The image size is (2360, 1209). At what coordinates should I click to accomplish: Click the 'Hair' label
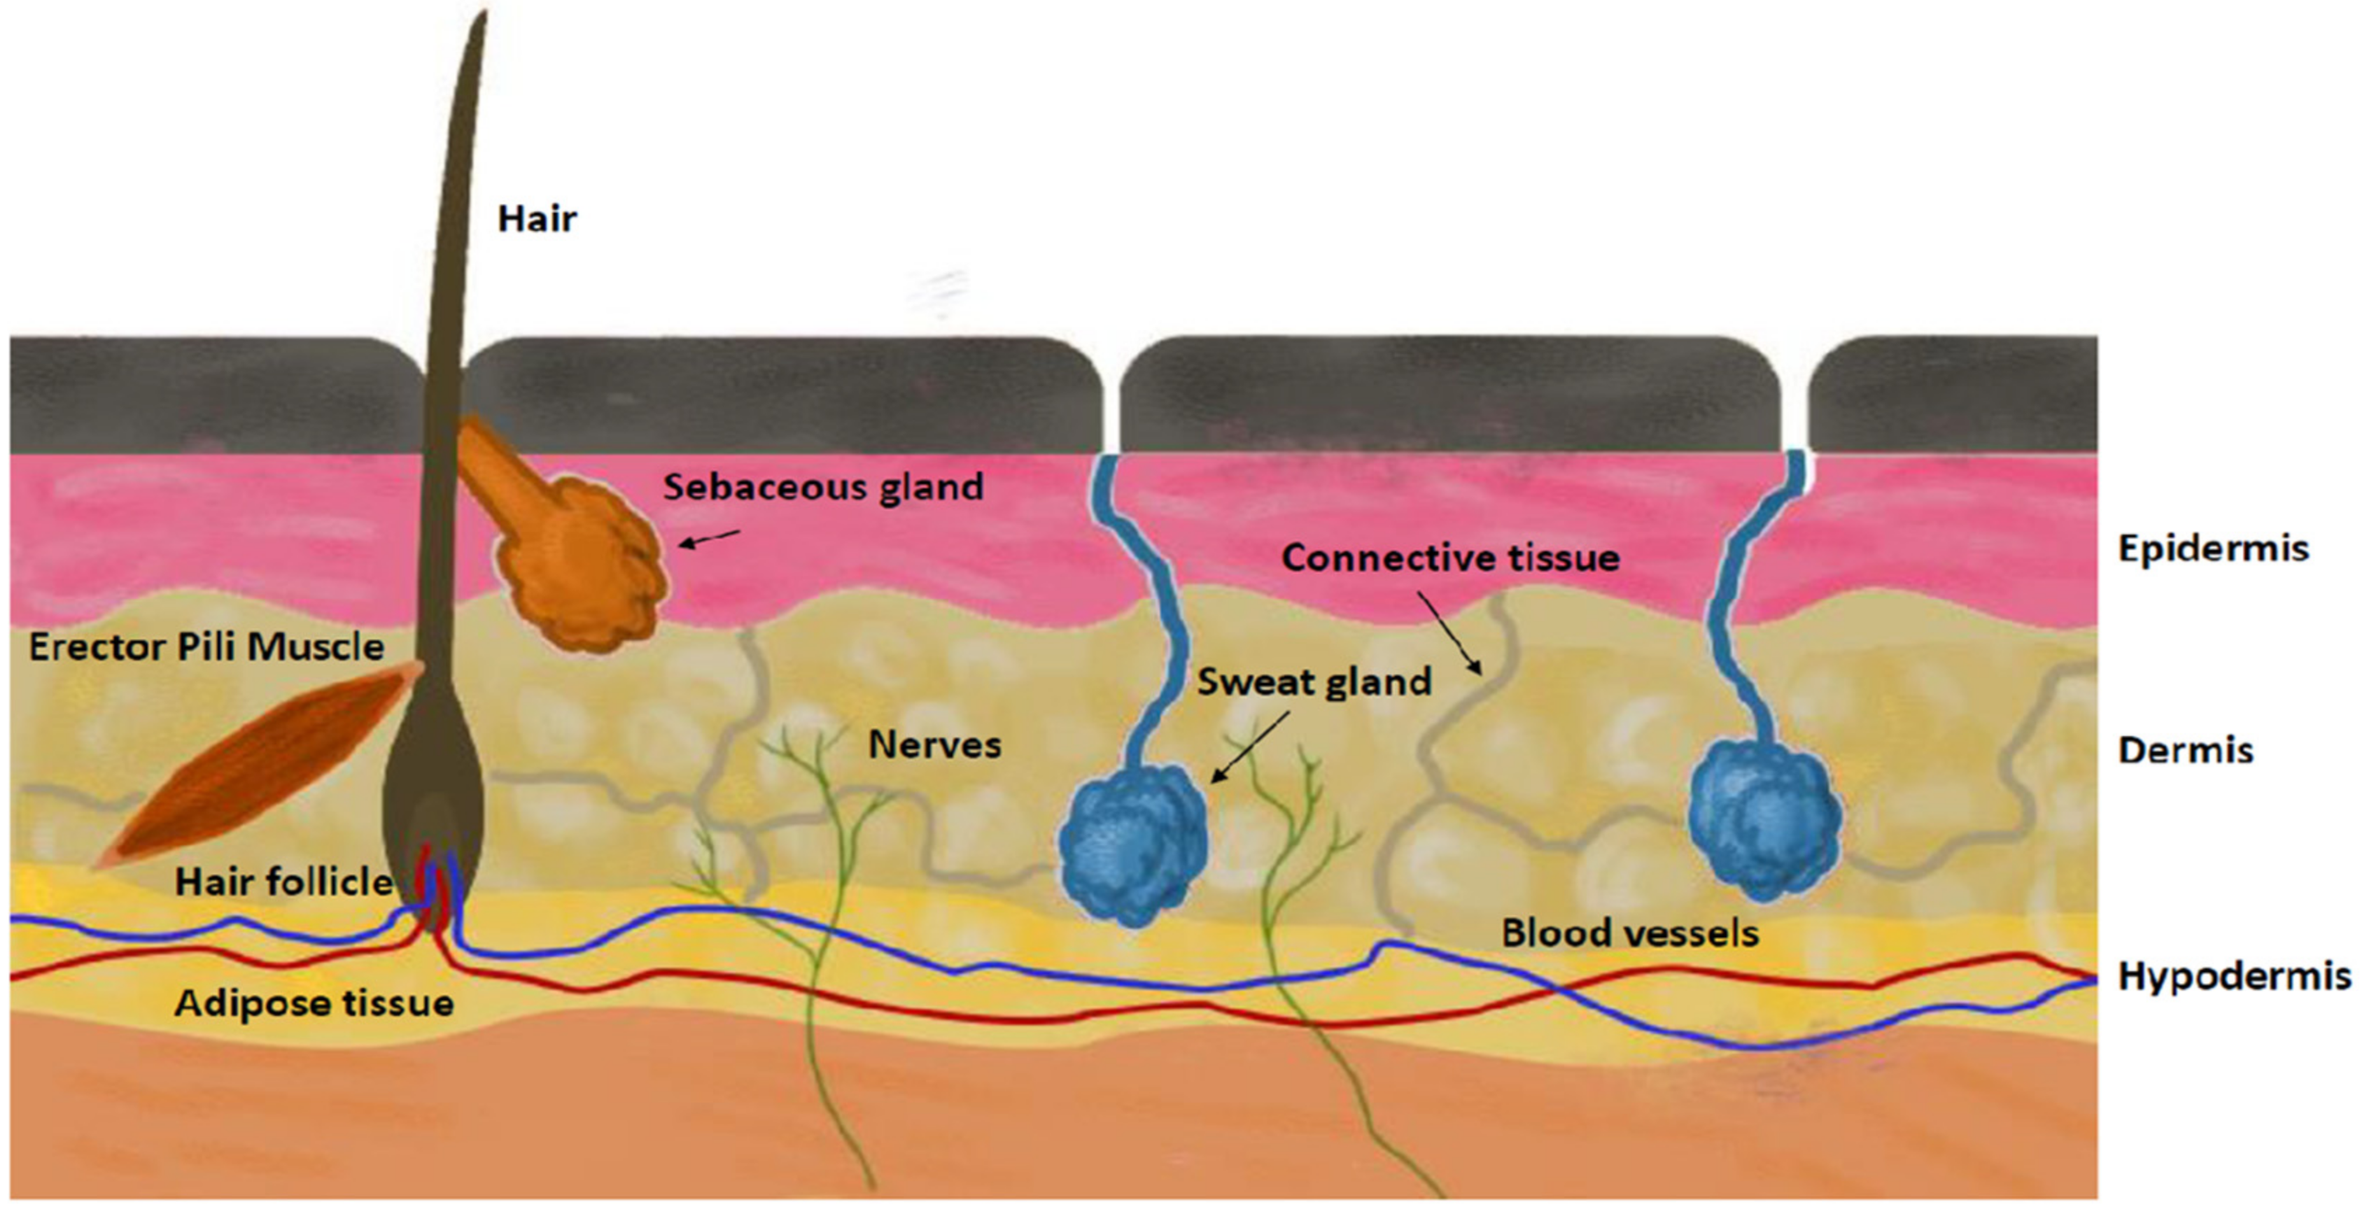[x=537, y=219]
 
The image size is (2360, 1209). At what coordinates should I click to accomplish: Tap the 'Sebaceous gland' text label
[x=822, y=486]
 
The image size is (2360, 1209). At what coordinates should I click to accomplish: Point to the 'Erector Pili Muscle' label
[x=206, y=646]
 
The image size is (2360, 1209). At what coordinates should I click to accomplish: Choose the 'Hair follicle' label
[x=284, y=882]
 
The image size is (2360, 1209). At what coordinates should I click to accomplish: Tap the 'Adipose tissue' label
[x=314, y=1003]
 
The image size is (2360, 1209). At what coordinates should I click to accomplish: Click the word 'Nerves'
[x=934, y=744]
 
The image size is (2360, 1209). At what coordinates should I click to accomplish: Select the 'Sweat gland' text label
[x=1314, y=681]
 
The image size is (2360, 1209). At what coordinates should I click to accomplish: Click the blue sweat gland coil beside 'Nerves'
[x=1133, y=842]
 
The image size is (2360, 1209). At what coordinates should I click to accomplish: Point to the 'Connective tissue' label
[x=1450, y=557]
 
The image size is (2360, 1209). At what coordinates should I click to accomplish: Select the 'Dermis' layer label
[x=2185, y=750]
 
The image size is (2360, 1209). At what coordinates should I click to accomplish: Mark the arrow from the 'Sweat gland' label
[x=1249, y=747]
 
